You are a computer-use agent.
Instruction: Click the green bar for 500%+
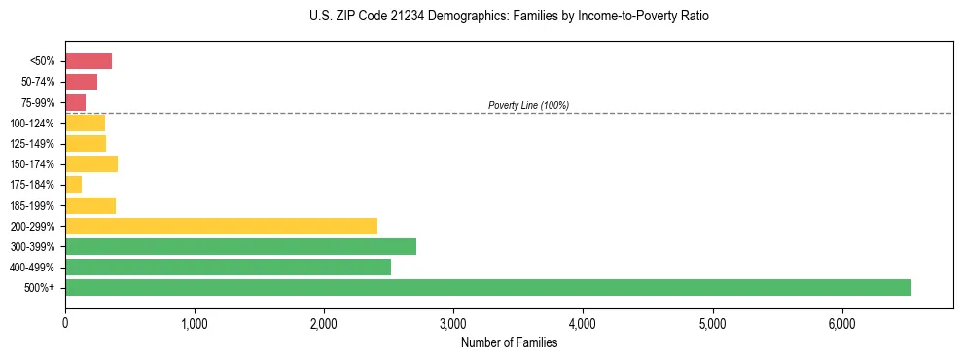(487, 287)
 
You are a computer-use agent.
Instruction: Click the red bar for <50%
(89, 60)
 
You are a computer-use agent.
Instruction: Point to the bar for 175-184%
(74, 184)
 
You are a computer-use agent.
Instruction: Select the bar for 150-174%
(91, 163)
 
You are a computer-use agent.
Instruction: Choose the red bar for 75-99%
(76, 102)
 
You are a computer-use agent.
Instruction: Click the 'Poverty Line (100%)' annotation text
(528, 105)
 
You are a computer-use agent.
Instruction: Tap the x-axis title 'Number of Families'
(509, 342)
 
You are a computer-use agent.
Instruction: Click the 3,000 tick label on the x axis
(453, 323)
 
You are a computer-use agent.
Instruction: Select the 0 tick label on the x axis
(65, 323)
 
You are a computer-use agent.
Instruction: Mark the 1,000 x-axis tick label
(195, 323)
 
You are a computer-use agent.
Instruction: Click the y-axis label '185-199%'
(32, 205)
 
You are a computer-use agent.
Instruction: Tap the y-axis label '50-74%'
(37, 82)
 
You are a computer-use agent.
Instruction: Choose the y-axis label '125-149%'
(32, 143)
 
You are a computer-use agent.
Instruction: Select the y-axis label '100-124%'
(32, 123)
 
